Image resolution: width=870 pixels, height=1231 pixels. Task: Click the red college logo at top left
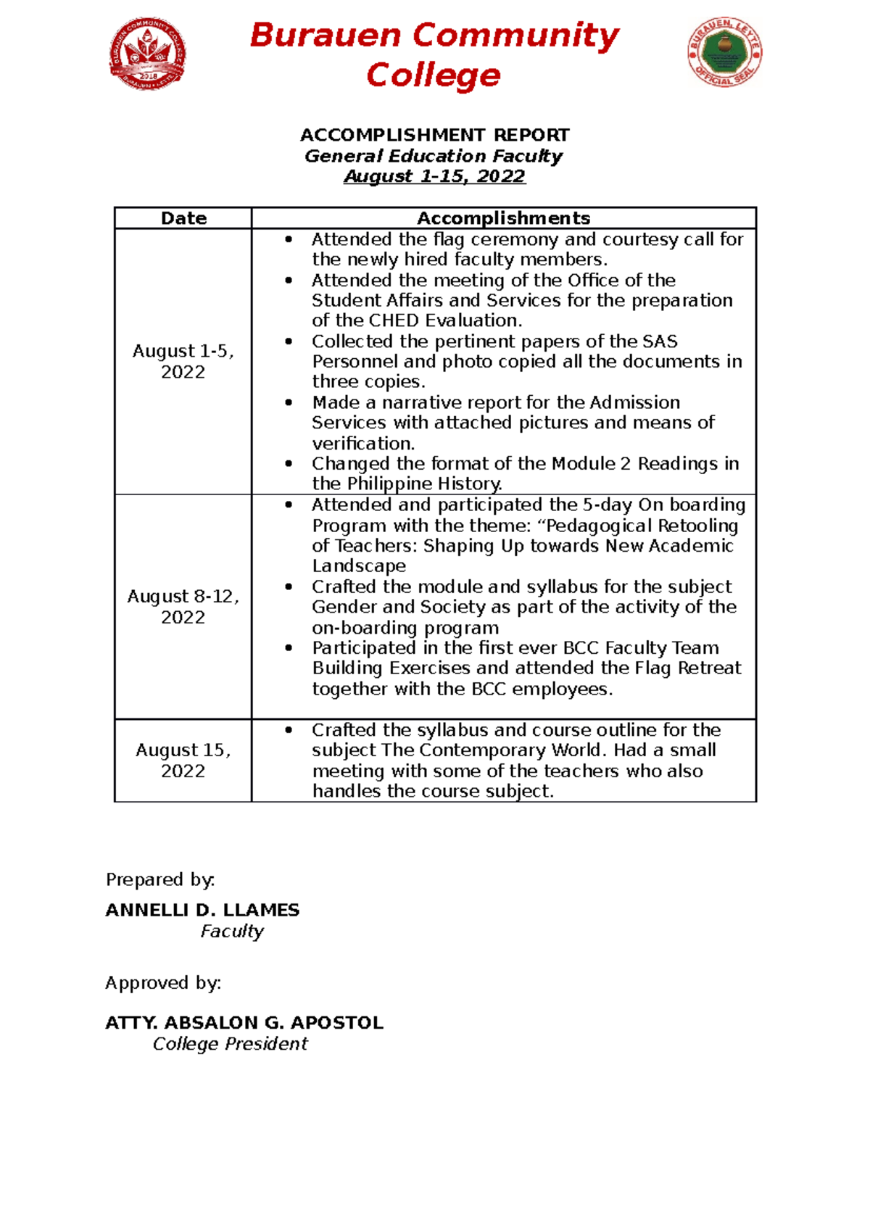(x=148, y=54)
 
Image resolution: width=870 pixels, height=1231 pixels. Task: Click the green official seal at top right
(x=724, y=52)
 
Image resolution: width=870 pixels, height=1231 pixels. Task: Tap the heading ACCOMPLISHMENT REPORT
(x=434, y=135)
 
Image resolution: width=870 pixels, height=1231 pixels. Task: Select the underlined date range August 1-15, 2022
(x=434, y=176)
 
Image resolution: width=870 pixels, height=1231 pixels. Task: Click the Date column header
(x=183, y=218)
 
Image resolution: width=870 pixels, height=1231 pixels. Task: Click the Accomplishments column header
(x=503, y=218)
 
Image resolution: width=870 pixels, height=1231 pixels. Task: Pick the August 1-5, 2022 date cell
(x=183, y=361)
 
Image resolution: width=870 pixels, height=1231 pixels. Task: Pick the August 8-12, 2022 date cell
(x=183, y=606)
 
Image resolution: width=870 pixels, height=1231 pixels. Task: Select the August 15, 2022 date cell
(x=183, y=760)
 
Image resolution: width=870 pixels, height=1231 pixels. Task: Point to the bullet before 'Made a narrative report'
(x=289, y=402)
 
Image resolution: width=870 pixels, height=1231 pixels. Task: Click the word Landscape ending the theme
(x=359, y=566)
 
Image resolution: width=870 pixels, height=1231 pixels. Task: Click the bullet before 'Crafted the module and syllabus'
(x=289, y=587)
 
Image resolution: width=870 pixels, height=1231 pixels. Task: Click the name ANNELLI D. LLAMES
(x=202, y=910)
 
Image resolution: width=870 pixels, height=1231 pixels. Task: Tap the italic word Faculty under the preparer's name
(x=232, y=931)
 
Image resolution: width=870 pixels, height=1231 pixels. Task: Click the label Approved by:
(x=163, y=983)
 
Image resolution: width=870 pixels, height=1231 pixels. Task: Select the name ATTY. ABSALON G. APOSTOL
(x=244, y=1023)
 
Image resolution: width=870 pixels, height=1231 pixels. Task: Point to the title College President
(x=230, y=1044)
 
